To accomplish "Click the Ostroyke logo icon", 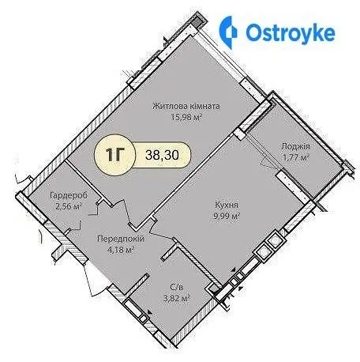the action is pos(228,32).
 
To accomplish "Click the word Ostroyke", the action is pos(291,33).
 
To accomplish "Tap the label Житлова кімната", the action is pos(186,106).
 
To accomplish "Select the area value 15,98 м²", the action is pos(186,116).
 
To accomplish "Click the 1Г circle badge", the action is pos(114,155).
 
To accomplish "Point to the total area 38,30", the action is pos(162,155).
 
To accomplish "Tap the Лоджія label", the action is pos(295,146).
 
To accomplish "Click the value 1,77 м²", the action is pos(295,157).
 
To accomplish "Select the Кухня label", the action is pos(227,205).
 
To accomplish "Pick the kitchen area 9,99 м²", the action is pos(227,216).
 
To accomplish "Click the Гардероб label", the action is pos(69,196).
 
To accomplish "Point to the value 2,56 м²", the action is pos(69,206).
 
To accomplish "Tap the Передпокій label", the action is pos(121,239).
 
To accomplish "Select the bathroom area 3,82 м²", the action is pos(177,299).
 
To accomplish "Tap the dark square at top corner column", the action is pos(195,22).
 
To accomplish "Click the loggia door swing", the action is pos(266,160).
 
